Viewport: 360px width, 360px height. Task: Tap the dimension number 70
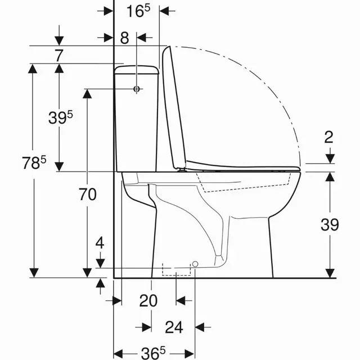88,195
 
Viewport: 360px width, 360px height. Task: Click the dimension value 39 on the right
330,224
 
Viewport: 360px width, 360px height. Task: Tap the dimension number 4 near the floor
100,244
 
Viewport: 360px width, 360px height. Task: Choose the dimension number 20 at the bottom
148,301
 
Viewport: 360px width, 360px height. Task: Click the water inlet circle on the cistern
137,89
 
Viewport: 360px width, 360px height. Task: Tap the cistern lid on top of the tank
137,70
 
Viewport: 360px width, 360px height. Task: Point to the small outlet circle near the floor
195,263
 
